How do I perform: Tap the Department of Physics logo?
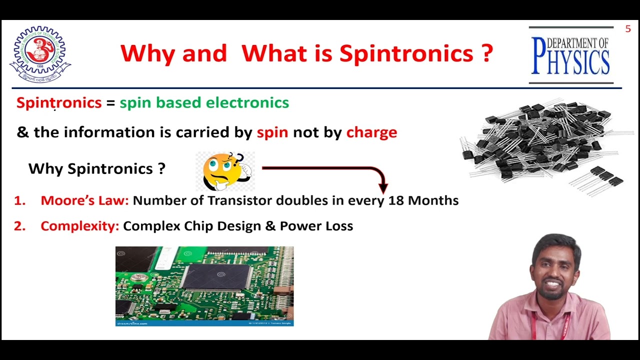(x=570, y=55)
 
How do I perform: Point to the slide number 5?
(x=628, y=29)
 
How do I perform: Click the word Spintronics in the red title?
(x=406, y=53)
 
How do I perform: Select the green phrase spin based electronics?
(x=204, y=103)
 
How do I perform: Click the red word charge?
(x=371, y=132)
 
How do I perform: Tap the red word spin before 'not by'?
(x=272, y=132)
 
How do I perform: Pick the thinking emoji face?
(x=223, y=171)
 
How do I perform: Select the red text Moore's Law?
(x=84, y=200)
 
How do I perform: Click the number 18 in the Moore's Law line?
(x=396, y=200)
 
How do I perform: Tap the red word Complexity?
(x=80, y=226)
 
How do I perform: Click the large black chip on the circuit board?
(x=216, y=276)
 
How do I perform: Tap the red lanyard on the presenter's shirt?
(x=535, y=327)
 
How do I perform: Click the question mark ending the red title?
(x=487, y=53)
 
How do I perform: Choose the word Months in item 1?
(x=433, y=200)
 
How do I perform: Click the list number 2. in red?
(x=19, y=226)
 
